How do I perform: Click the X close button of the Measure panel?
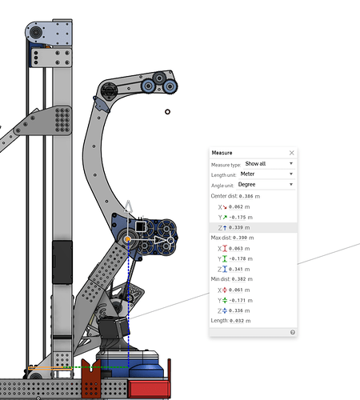[x=292, y=153]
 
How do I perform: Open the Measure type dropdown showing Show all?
[x=269, y=164]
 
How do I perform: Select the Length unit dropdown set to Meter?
[x=266, y=174]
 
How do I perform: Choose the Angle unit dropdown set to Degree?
[x=266, y=185]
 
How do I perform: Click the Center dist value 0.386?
[x=246, y=196]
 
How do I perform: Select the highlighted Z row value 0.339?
[x=236, y=228]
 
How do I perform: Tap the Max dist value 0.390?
[x=240, y=238]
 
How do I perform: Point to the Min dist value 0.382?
[x=238, y=279]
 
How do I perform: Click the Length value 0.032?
[x=237, y=321]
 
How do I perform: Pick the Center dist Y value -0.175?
[x=238, y=218]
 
